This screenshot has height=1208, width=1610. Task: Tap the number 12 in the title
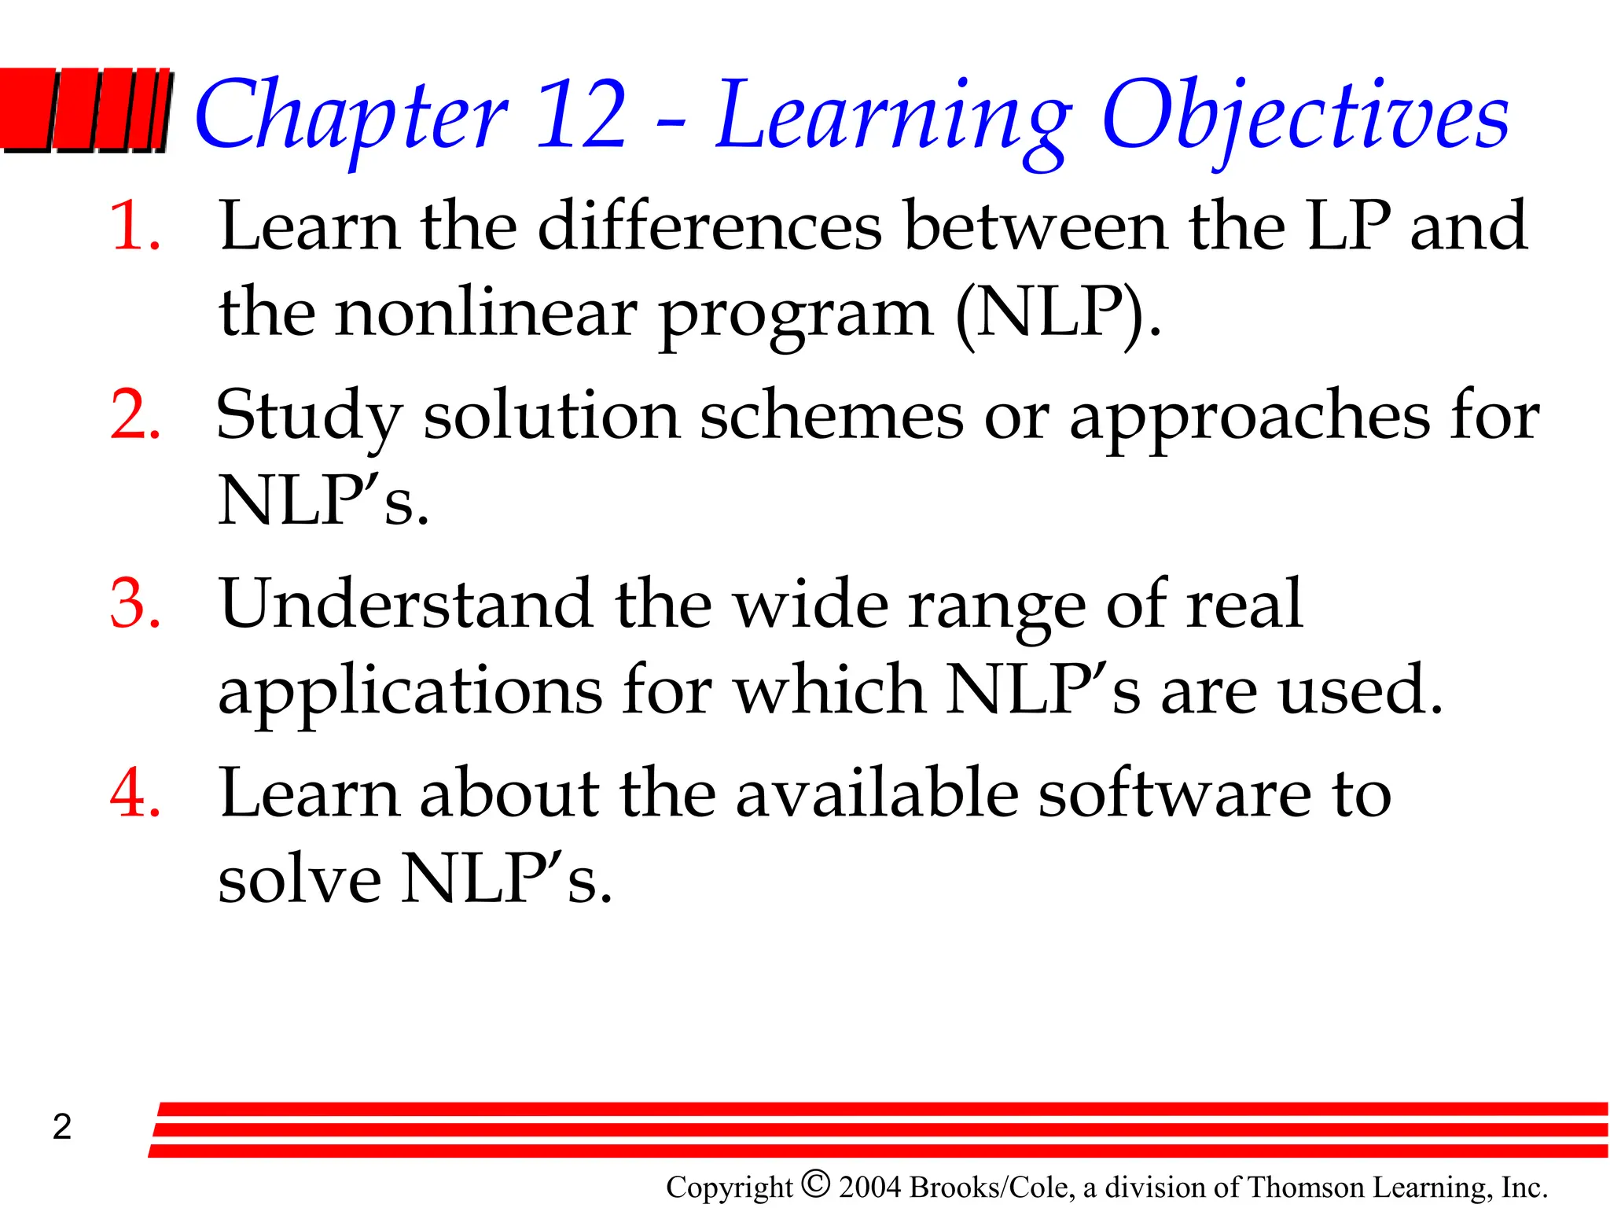point(582,114)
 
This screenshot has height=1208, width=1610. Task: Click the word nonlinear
point(486,313)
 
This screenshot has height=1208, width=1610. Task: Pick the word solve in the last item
point(300,879)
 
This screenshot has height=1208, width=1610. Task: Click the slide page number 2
point(62,1127)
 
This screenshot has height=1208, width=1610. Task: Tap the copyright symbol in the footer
point(816,1184)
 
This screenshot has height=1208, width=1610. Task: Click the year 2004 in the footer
point(870,1188)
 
